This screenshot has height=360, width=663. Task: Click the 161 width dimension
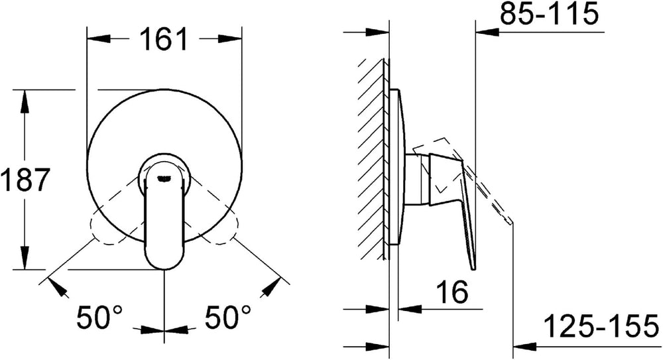163,39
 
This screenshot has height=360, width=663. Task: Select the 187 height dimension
25,180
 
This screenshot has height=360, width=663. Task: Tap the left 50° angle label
99,317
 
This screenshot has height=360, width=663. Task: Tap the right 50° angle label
228,317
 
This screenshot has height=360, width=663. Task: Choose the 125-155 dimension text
601,326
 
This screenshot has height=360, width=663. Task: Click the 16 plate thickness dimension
452,292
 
